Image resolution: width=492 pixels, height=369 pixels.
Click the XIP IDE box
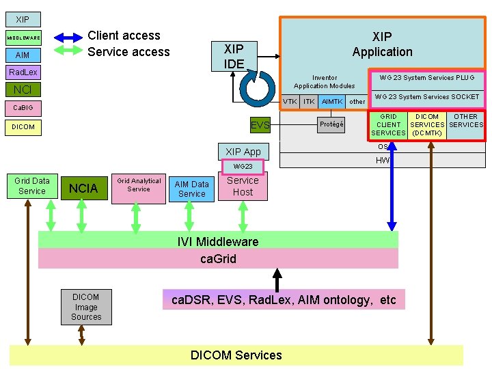point(234,56)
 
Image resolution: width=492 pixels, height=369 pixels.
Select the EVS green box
point(260,125)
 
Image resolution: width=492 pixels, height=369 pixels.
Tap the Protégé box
point(331,124)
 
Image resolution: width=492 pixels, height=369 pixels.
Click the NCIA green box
point(83,188)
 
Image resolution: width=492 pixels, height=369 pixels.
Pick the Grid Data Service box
point(31,186)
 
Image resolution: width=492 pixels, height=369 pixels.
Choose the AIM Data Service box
point(191,189)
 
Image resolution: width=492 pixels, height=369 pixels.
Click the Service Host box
point(243,186)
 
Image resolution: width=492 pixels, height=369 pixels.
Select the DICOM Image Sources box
point(86,307)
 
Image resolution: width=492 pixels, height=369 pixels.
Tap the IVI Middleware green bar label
point(218,241)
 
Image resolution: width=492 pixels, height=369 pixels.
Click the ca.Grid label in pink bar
point(218,258)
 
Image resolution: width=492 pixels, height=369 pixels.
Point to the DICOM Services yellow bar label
point(236,355)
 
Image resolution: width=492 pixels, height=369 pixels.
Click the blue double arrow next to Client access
point(68,37)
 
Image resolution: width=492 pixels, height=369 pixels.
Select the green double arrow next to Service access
point(68,51)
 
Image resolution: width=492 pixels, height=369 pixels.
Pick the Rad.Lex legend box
point(23,72)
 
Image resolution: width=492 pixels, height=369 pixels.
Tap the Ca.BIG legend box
point(23,108)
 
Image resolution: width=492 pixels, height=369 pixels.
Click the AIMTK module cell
point(332,102)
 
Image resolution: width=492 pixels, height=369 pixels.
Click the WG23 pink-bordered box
point(243,166)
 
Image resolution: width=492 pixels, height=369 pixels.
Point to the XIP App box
point(243,151)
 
